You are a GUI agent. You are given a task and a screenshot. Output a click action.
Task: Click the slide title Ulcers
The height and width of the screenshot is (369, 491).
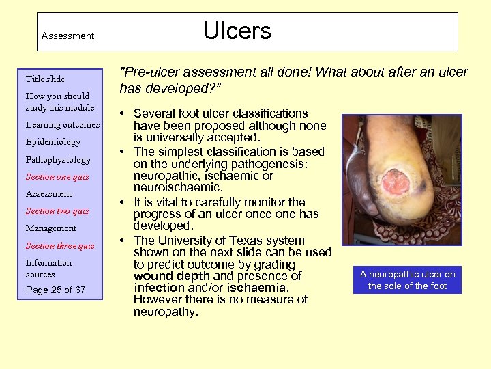[237, 31]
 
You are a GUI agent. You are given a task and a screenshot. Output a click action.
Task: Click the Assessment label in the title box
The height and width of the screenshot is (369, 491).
[68, 36]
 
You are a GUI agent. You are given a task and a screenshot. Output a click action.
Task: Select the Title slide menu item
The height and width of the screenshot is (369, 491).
[45, 79]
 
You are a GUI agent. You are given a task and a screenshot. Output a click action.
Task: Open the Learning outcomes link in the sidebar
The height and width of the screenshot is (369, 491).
[63, 125]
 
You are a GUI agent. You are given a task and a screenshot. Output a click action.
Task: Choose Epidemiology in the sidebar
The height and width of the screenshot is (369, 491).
[53, 142]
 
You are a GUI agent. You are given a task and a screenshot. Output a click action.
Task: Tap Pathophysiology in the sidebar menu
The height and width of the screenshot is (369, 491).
[58, 159]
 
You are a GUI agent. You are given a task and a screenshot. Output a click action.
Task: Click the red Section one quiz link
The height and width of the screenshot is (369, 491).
[57, 177]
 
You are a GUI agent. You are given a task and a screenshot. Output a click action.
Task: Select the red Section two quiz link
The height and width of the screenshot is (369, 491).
[57, 211]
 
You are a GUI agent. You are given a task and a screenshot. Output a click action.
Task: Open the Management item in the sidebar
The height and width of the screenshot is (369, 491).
[51, 228]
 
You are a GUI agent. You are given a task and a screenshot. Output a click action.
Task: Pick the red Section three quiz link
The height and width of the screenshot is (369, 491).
[60, 246]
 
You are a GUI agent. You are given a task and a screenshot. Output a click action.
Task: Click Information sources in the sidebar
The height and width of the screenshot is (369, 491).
[48, 269]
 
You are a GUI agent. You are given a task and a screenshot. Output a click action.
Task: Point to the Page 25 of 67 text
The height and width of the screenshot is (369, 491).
[56, 290]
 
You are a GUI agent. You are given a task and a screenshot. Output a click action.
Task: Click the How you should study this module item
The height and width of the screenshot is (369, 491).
[59, 102]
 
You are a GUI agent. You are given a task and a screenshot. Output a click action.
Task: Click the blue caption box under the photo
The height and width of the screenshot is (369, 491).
[407, 280]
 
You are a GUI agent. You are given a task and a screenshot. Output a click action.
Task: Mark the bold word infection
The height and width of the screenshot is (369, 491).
[159, 288]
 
